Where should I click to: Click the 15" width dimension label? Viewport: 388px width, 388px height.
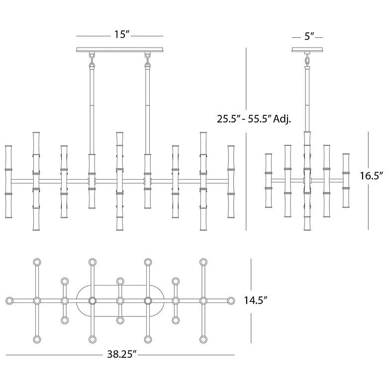[122, 34]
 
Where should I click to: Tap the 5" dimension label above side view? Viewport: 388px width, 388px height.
[309, 36]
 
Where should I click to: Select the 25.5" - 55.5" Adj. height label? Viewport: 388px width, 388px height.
[254, 119]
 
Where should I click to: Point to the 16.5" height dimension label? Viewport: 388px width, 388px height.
[372, 176]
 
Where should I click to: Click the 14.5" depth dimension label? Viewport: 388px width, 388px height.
[256, 300]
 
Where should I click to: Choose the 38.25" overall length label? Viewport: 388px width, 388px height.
[122, 354]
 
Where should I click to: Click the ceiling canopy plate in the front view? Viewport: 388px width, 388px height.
[120, 49]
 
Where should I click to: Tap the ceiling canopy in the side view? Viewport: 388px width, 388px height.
[307, 49]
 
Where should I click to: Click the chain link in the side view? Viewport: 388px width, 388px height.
[307, 61]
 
